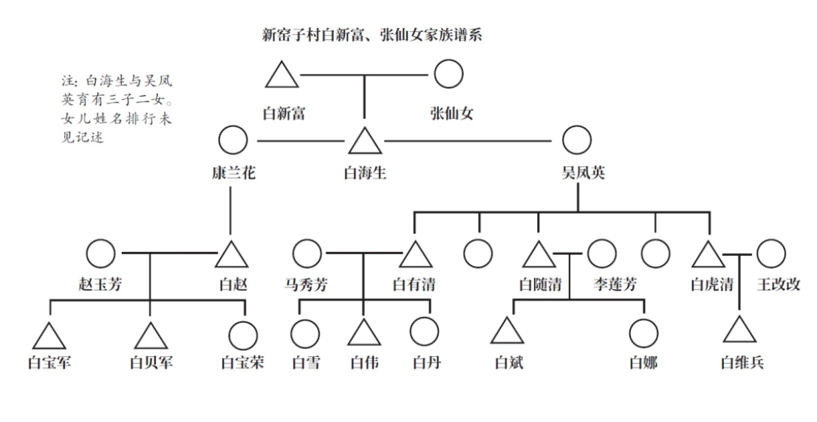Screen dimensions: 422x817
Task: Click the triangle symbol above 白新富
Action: [x=281, y=76]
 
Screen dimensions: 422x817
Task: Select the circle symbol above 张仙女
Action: [x=448, y=74]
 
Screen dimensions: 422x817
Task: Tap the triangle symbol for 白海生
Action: [x=363, y=141]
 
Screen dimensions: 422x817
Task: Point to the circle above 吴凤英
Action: [x=576, y=140]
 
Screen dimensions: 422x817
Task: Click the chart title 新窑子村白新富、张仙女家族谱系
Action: [x=372, y=35]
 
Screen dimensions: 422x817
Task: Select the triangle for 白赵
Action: [x=231, y=255]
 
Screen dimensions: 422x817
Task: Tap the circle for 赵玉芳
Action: [x=100, y=253]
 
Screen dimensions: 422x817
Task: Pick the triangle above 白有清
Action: [x=416, y=255]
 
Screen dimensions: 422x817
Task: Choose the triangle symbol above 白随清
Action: [x=539, y=255]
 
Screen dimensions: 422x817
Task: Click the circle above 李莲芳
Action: [x=601, y=253]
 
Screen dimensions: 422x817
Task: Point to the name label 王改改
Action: [x=779, y=285]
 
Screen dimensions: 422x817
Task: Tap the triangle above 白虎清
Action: [x=708, y=255]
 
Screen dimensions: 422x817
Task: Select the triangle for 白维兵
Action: [x=739, y=330]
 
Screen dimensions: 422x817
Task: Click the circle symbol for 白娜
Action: [x=643, y=333]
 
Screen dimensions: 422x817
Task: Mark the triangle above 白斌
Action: [x=507, y=332]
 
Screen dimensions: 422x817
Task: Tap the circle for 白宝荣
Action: [x=243, y=336]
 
